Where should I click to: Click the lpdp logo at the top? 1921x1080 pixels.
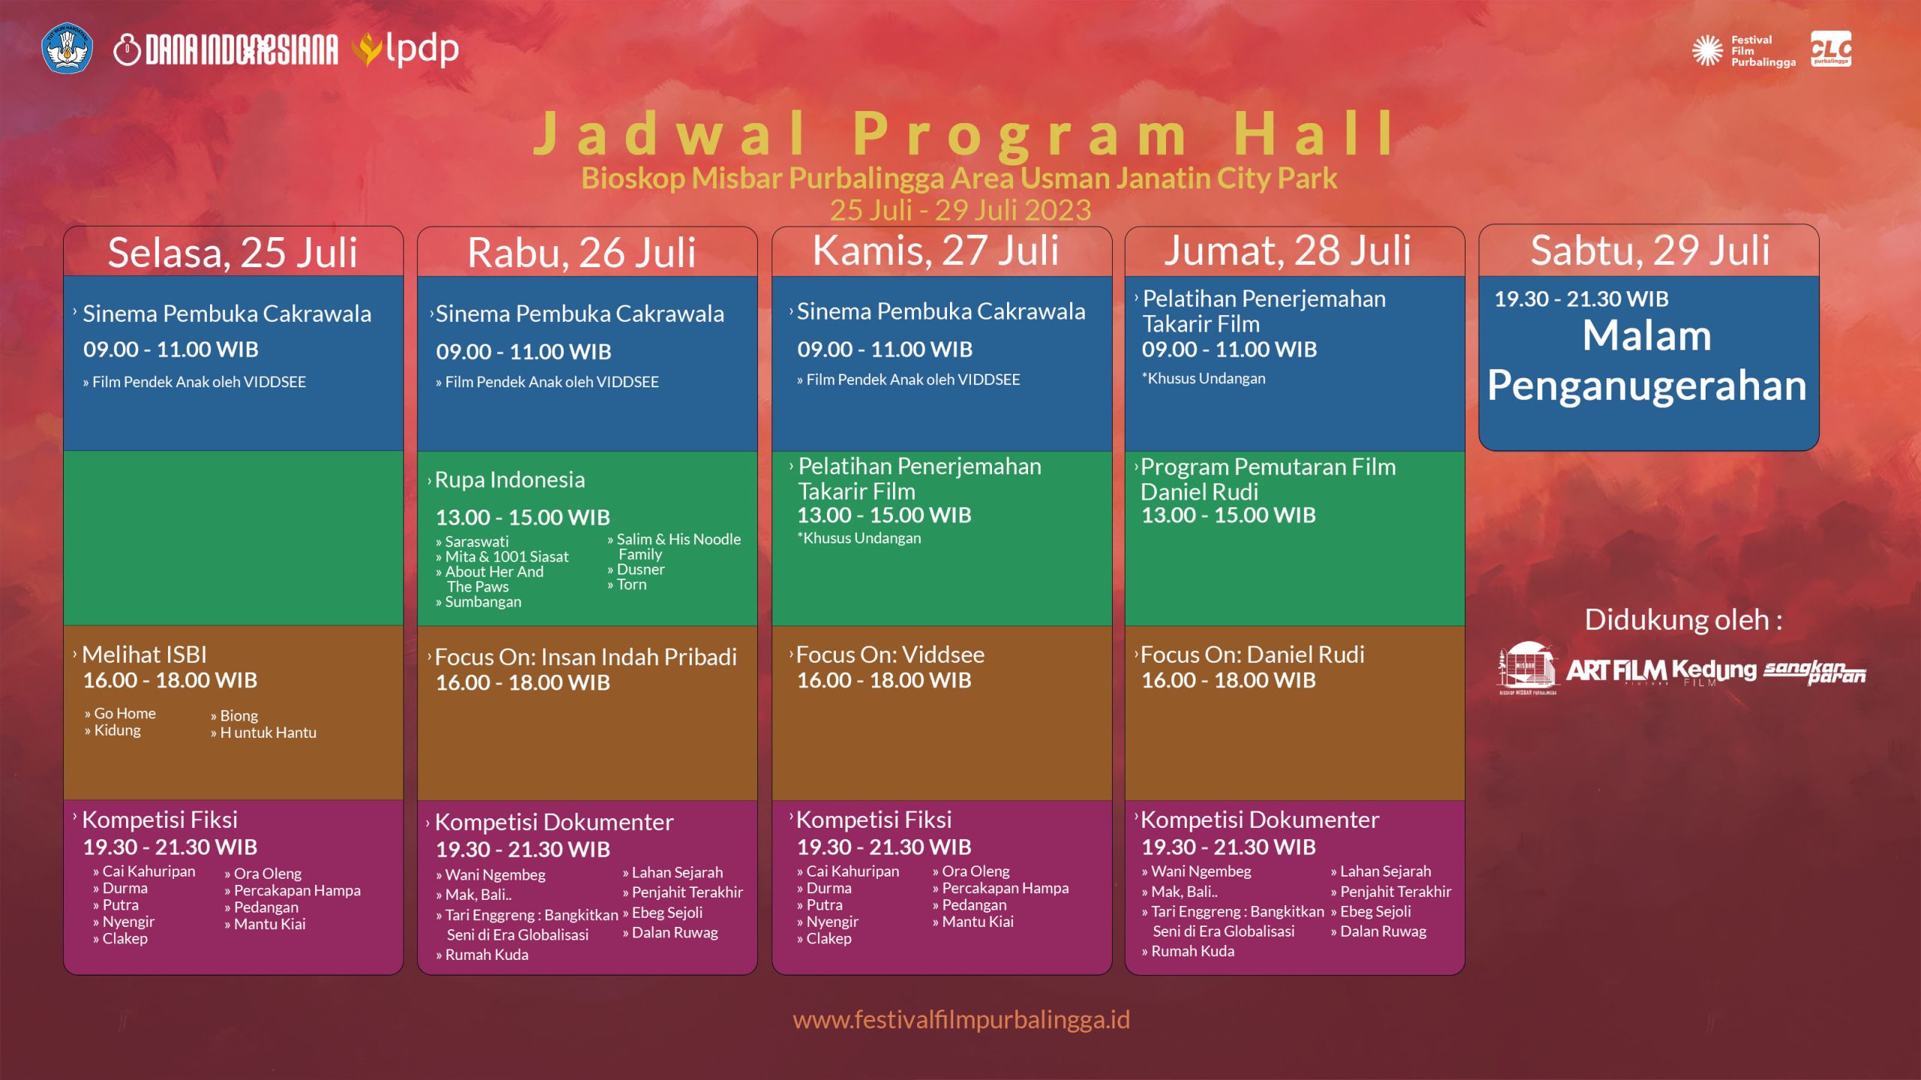[x=409, y=50]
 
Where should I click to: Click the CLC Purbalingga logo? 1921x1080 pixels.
[x=1830, y=49]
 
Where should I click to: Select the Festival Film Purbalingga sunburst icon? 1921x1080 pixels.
[x=1707, y=50]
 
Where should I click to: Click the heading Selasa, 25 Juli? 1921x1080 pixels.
[x=233, y=252]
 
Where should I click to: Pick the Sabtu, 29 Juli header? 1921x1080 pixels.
[x=1649, y=250]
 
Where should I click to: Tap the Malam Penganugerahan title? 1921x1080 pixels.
[x=1647, y=360]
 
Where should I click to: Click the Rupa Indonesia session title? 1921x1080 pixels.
[x=510, y=480]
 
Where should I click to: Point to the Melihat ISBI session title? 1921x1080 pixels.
[x=144, y=654]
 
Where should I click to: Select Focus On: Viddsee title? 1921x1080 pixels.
[x=890, y=654]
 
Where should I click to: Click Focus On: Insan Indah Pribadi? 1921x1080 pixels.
[x=585, y=657]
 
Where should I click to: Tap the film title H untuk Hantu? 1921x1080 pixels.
[x=268, y=733]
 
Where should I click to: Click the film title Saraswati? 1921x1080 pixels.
[x=476, y=541]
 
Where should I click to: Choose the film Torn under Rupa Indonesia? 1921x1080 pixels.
[x=631, y=585]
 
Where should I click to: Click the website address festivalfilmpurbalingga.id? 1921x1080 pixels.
[x=960, y=1019]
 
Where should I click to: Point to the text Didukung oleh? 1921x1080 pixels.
[x=1682, y=620]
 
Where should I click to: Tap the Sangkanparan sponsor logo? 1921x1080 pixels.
[x=1814, y=671]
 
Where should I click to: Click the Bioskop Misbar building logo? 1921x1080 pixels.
[x=1527, y=667]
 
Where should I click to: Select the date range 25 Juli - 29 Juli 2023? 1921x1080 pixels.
[x=960, y=210]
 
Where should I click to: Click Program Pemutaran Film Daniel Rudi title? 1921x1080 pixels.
[x=1268, y=479]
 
